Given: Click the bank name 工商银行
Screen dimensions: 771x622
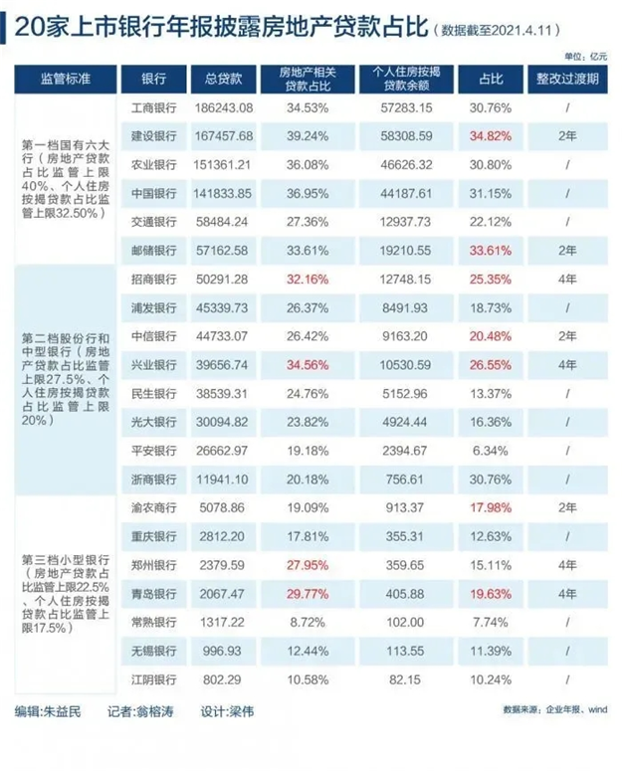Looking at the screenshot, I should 153,107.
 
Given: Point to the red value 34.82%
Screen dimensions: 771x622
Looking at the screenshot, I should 489,135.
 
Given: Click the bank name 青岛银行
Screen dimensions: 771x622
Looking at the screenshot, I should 153,595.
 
